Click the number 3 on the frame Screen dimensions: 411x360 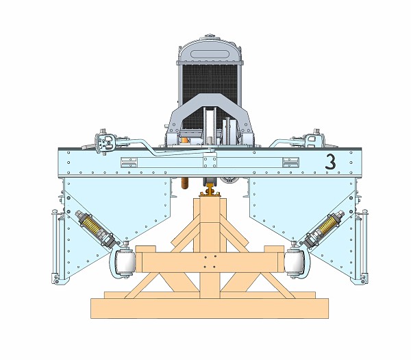(330, 161)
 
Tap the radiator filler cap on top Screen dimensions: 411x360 (209, 36)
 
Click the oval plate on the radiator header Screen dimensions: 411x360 (209, 54)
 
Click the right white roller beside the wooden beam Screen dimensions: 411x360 (293, 263)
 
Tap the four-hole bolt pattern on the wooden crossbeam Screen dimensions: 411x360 (210, 262)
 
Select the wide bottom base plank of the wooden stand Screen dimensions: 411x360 (210, 309)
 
